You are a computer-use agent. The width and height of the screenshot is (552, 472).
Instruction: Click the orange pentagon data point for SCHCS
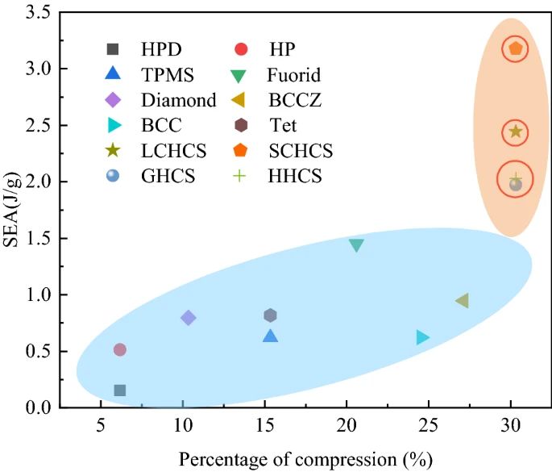pyautogui.click(x=516, y=48)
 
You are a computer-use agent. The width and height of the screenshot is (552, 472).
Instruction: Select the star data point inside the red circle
pyautogui.click(x=516, y=132)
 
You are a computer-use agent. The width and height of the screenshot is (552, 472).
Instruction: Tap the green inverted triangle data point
pyautogui.click(x=356, y=245)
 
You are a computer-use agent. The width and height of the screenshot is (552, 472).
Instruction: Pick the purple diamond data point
pyautogui.click(x=189, y=318)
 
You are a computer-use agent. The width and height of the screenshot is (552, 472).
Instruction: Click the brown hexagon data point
pyautogui.click(x=271, y=315)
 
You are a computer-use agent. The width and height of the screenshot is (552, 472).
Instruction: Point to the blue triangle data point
pyautogui.click(x=271, y=336)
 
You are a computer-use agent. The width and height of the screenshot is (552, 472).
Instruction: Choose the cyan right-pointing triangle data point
pyautogui.click(x=422, y=337)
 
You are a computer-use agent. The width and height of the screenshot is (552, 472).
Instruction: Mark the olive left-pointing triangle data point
pyautogui.click(x=462, y=301)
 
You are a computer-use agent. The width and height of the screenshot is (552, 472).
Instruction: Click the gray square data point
pyautogui.click(x=120, y=391)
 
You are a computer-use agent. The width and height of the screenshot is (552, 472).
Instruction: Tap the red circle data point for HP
pyautogui.click(x=120, y=349)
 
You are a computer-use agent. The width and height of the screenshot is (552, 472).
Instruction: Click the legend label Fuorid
pyautogui.click(x=293, y=75)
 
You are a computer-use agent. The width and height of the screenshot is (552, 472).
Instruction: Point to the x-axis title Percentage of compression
pyautogui.click(x=306, y=459)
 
